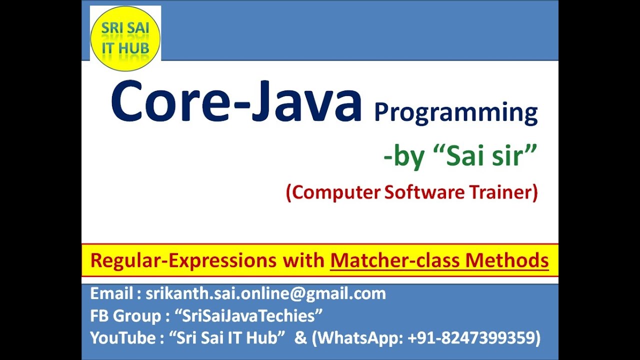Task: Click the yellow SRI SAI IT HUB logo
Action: pyautogui.click(x=125, y=38)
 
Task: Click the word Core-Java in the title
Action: pyautogui.click(x=236, y=102)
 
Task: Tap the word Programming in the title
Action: pyautogui.click(x=455, y=112)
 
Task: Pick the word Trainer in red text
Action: pyautogui.click(x=505, y=192)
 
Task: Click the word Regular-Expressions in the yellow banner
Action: pyautogui.click(x=183, y=260)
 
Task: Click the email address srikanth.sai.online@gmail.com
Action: pyautogui.click(x=265, y=293)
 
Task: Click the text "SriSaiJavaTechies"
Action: pyautogui.click(x=248, y=316)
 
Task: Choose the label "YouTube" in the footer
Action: pyautogui.click(x=122, y=338)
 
